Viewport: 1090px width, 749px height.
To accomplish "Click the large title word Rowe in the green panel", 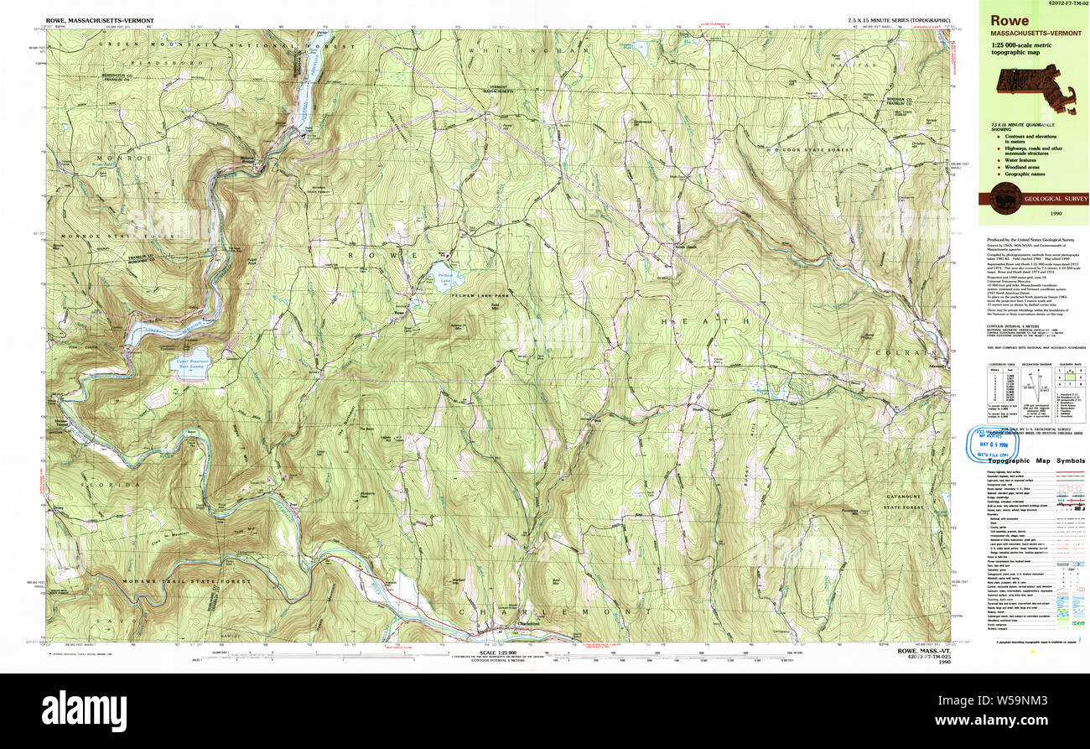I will coord(1010,20).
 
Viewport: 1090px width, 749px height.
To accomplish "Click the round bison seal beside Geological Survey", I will coord(1004,199).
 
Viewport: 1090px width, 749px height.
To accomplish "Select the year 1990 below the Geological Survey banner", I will coord(1033,215).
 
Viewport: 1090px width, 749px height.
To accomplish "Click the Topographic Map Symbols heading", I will coord(1035,460).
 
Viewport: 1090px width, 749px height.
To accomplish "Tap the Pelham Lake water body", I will coord(444,278).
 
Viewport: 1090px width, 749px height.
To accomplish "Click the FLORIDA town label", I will coord(111,485).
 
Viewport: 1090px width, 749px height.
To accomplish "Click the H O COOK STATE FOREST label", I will coord(803,151).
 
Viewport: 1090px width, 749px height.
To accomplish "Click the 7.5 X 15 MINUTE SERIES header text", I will coord(899,19).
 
